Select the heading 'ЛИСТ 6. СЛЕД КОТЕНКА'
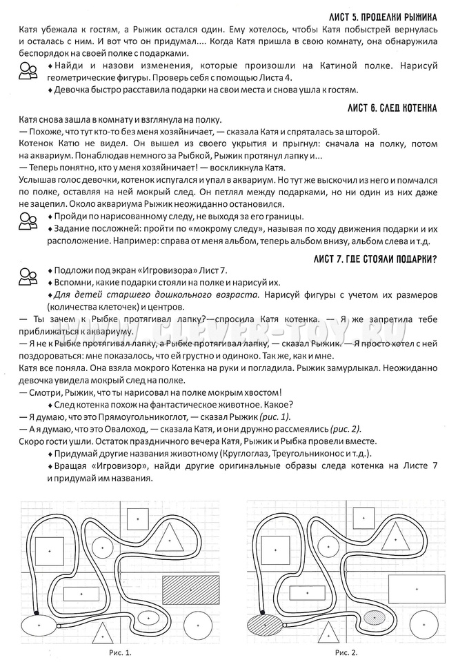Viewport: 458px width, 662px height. tap(388, 109)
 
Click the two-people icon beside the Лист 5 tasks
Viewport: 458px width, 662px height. tap(27, 70)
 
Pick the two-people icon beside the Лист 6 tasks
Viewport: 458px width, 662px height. tap(27, 222)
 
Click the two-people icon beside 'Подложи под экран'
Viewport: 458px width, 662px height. tap(27, 274)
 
